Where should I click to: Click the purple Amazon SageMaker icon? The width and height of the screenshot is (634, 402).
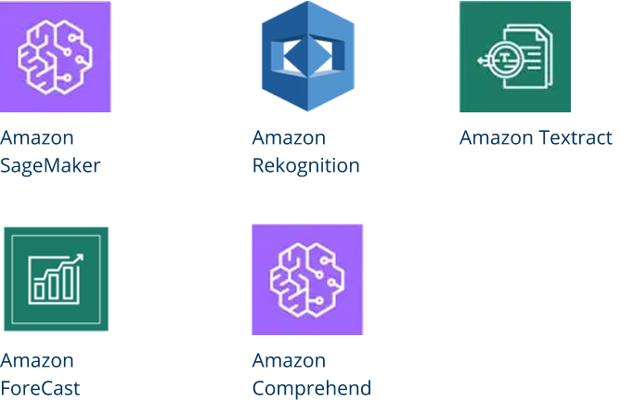(x=56, y=57)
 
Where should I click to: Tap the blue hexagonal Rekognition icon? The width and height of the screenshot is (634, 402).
(x=308, y=57)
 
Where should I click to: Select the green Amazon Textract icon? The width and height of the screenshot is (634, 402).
(x=515, y=57)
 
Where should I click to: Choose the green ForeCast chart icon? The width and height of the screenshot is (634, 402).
(x=57, y=279)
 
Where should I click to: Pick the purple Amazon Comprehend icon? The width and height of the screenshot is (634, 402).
(x=307, y=279)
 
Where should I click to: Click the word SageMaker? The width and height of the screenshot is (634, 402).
(x=50, y=166)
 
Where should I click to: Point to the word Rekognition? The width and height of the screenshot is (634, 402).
(x=306, y=166)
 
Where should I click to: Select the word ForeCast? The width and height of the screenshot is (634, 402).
(x=40, y=389)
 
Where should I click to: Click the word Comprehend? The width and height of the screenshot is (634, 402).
(x=312, y=389)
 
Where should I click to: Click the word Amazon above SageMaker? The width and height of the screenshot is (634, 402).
(x=37, y=138)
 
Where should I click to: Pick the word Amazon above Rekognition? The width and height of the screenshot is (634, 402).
(x=289, y=138)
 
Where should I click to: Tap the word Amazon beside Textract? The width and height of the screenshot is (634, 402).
(x=496, y=138)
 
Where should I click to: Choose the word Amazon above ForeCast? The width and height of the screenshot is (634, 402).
(x=37, y=361)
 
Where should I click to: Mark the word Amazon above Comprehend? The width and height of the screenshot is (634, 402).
(x=289, y=361)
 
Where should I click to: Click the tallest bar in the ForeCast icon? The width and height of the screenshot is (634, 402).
(x=69, y=282)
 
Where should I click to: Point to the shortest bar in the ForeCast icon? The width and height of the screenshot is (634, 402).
(x=39, y=291)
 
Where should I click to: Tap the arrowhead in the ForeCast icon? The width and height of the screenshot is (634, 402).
(x=79, y=258)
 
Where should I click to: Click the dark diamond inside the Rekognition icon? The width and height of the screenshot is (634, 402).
(x=307, y=57)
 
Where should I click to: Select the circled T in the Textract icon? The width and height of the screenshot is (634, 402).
(x=503, y=59)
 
